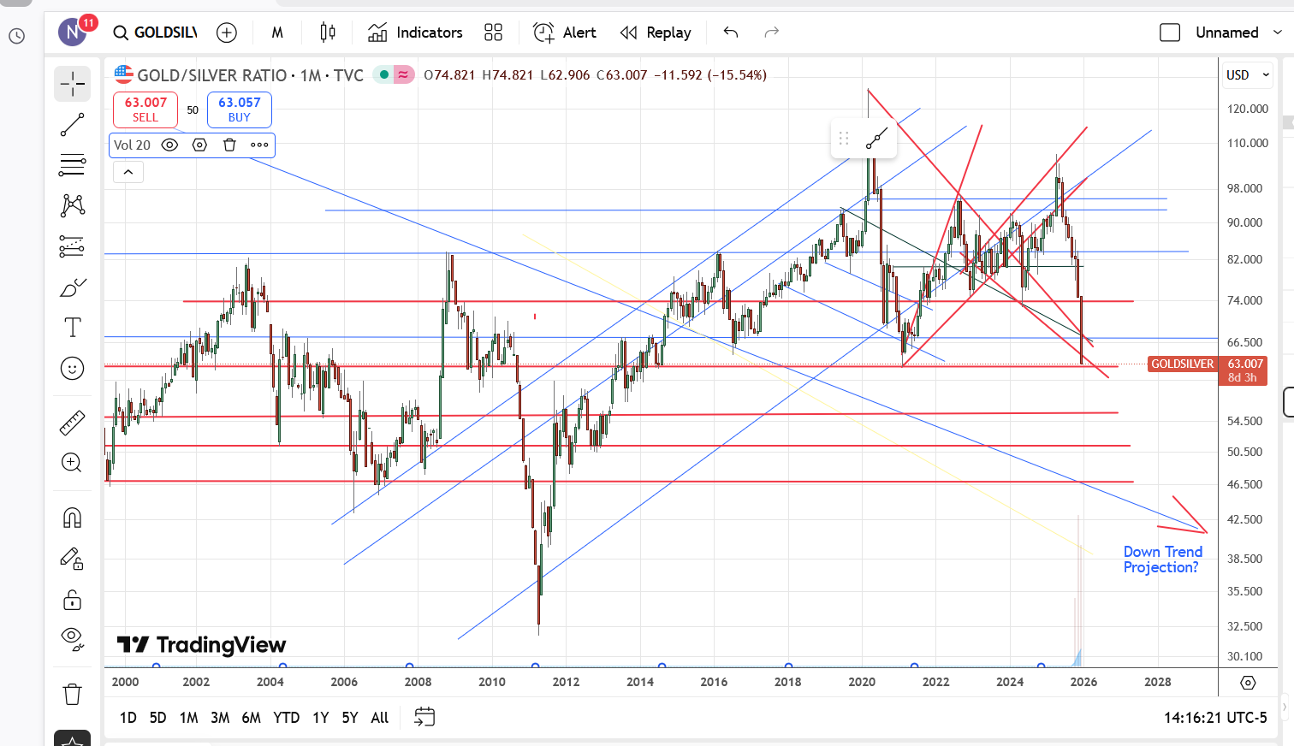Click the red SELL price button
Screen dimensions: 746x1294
click(145, 110)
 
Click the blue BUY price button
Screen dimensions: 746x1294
click(239, 110)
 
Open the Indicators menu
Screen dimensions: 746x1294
click(415, 33)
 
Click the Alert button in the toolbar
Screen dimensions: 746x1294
click(565, 33)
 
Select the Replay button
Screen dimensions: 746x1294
click(656, 33)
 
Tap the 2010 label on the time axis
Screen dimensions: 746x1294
click(492, 682)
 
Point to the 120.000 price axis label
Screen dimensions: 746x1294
click(1247, 109)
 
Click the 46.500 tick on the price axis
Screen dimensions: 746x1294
click(1244, 484)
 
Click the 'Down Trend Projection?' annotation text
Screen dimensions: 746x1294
click(1162, 559)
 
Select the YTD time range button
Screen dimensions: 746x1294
click(286, 718)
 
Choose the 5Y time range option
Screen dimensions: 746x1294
click(350, 718)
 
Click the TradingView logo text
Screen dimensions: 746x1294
click(202, 645)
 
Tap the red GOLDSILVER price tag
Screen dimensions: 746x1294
click(1182, 364)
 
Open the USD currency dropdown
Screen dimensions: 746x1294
click(1248, 75)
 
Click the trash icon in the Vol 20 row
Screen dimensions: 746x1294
click(229, 145)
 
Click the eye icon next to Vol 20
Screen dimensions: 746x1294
click(169, 145)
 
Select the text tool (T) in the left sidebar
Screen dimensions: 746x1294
click(73, 328)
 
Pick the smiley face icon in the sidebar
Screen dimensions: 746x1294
click(73, 369)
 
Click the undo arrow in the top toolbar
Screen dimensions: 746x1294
click(730, 33)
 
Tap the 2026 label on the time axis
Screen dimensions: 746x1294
click(1083, 682)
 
